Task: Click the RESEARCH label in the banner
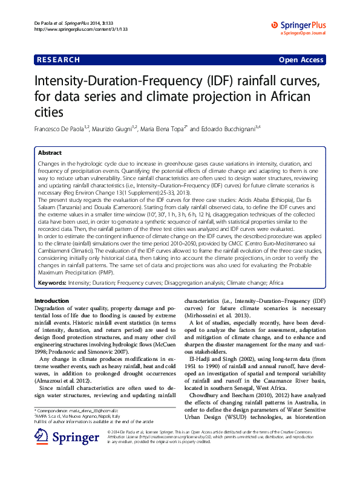pos(58,60)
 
